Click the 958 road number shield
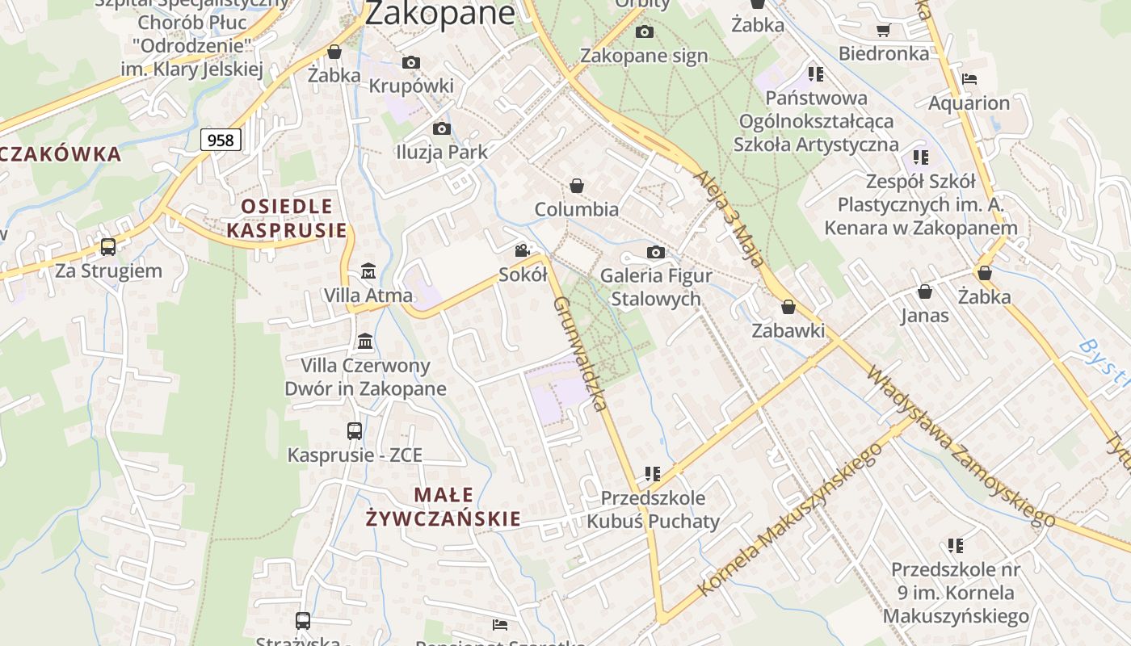[221, 141]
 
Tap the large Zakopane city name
[439, 13]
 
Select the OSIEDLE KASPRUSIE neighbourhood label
[287, 218]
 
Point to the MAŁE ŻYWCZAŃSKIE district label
[443, 506]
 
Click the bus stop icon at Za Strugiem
[107, 247]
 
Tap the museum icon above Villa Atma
[368, 271]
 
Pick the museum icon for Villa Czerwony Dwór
[365, 341]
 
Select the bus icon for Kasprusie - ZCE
[355, 430]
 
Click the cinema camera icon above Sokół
[523, 250]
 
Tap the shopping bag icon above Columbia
[577, 186]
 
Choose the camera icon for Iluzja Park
[441, 128]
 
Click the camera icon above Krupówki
[411, 62]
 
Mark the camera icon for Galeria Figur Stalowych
[656, 252]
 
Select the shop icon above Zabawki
[788, 307]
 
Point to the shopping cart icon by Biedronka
[883, 30]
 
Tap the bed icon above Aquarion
[969, 79]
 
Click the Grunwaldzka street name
[580, 354]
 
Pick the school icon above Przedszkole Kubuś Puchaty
[653, 473]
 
